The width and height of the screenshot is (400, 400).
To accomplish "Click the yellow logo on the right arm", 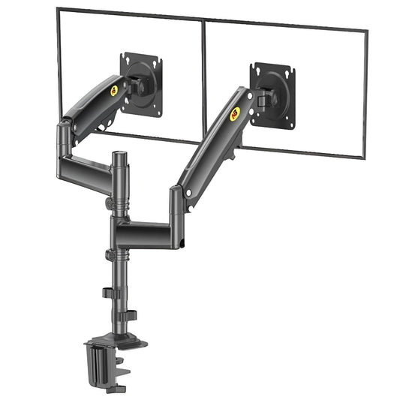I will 236,112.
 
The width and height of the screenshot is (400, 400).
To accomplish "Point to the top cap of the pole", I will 119,155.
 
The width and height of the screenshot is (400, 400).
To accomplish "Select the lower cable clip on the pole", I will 128,314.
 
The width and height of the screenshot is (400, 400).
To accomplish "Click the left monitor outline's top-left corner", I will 58,9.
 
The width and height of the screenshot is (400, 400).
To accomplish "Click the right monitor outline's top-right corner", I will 366,31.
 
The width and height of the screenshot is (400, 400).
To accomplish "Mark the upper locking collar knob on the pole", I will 110,203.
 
